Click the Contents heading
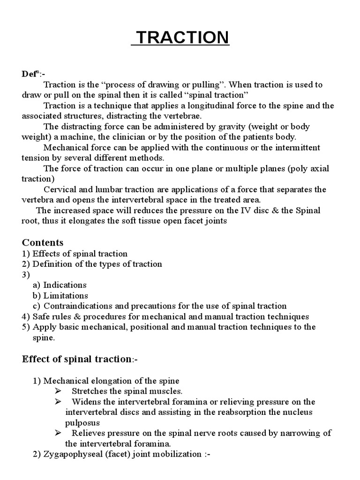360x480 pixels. click(43, 242)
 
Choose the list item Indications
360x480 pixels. click(65, 285)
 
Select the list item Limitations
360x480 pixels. click(66, 295)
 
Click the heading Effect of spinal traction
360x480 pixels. click(76, 359)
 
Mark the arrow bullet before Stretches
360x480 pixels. click(58, 391)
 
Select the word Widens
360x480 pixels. click(85, 402)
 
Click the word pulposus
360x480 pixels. click(83, 422)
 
